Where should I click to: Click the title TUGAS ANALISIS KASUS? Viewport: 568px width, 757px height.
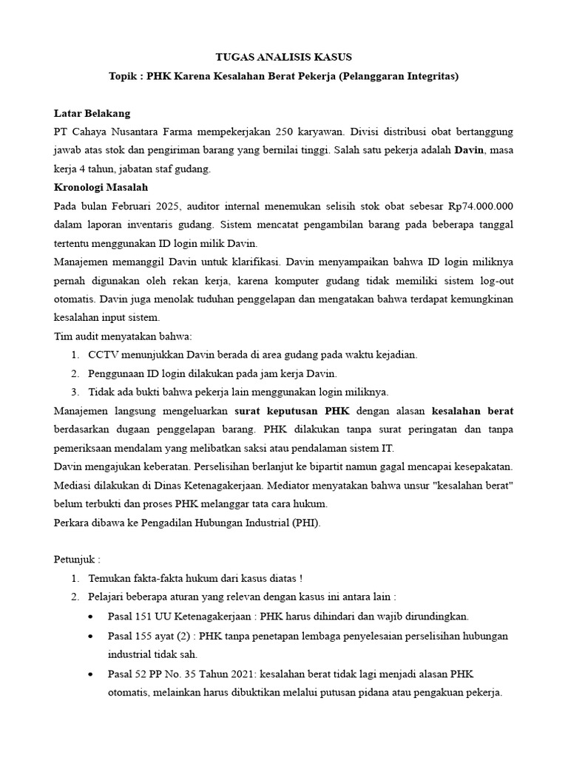pos(284,57)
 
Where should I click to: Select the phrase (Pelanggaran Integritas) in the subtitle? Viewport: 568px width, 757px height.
pos(399,76)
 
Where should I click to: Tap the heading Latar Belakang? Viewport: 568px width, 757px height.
pos(92,113)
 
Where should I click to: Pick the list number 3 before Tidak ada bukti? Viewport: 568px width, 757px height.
pos(75,391)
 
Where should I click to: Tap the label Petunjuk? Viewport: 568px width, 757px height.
pos(75,558)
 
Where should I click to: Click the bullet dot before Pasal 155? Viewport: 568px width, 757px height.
pos(90,636)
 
